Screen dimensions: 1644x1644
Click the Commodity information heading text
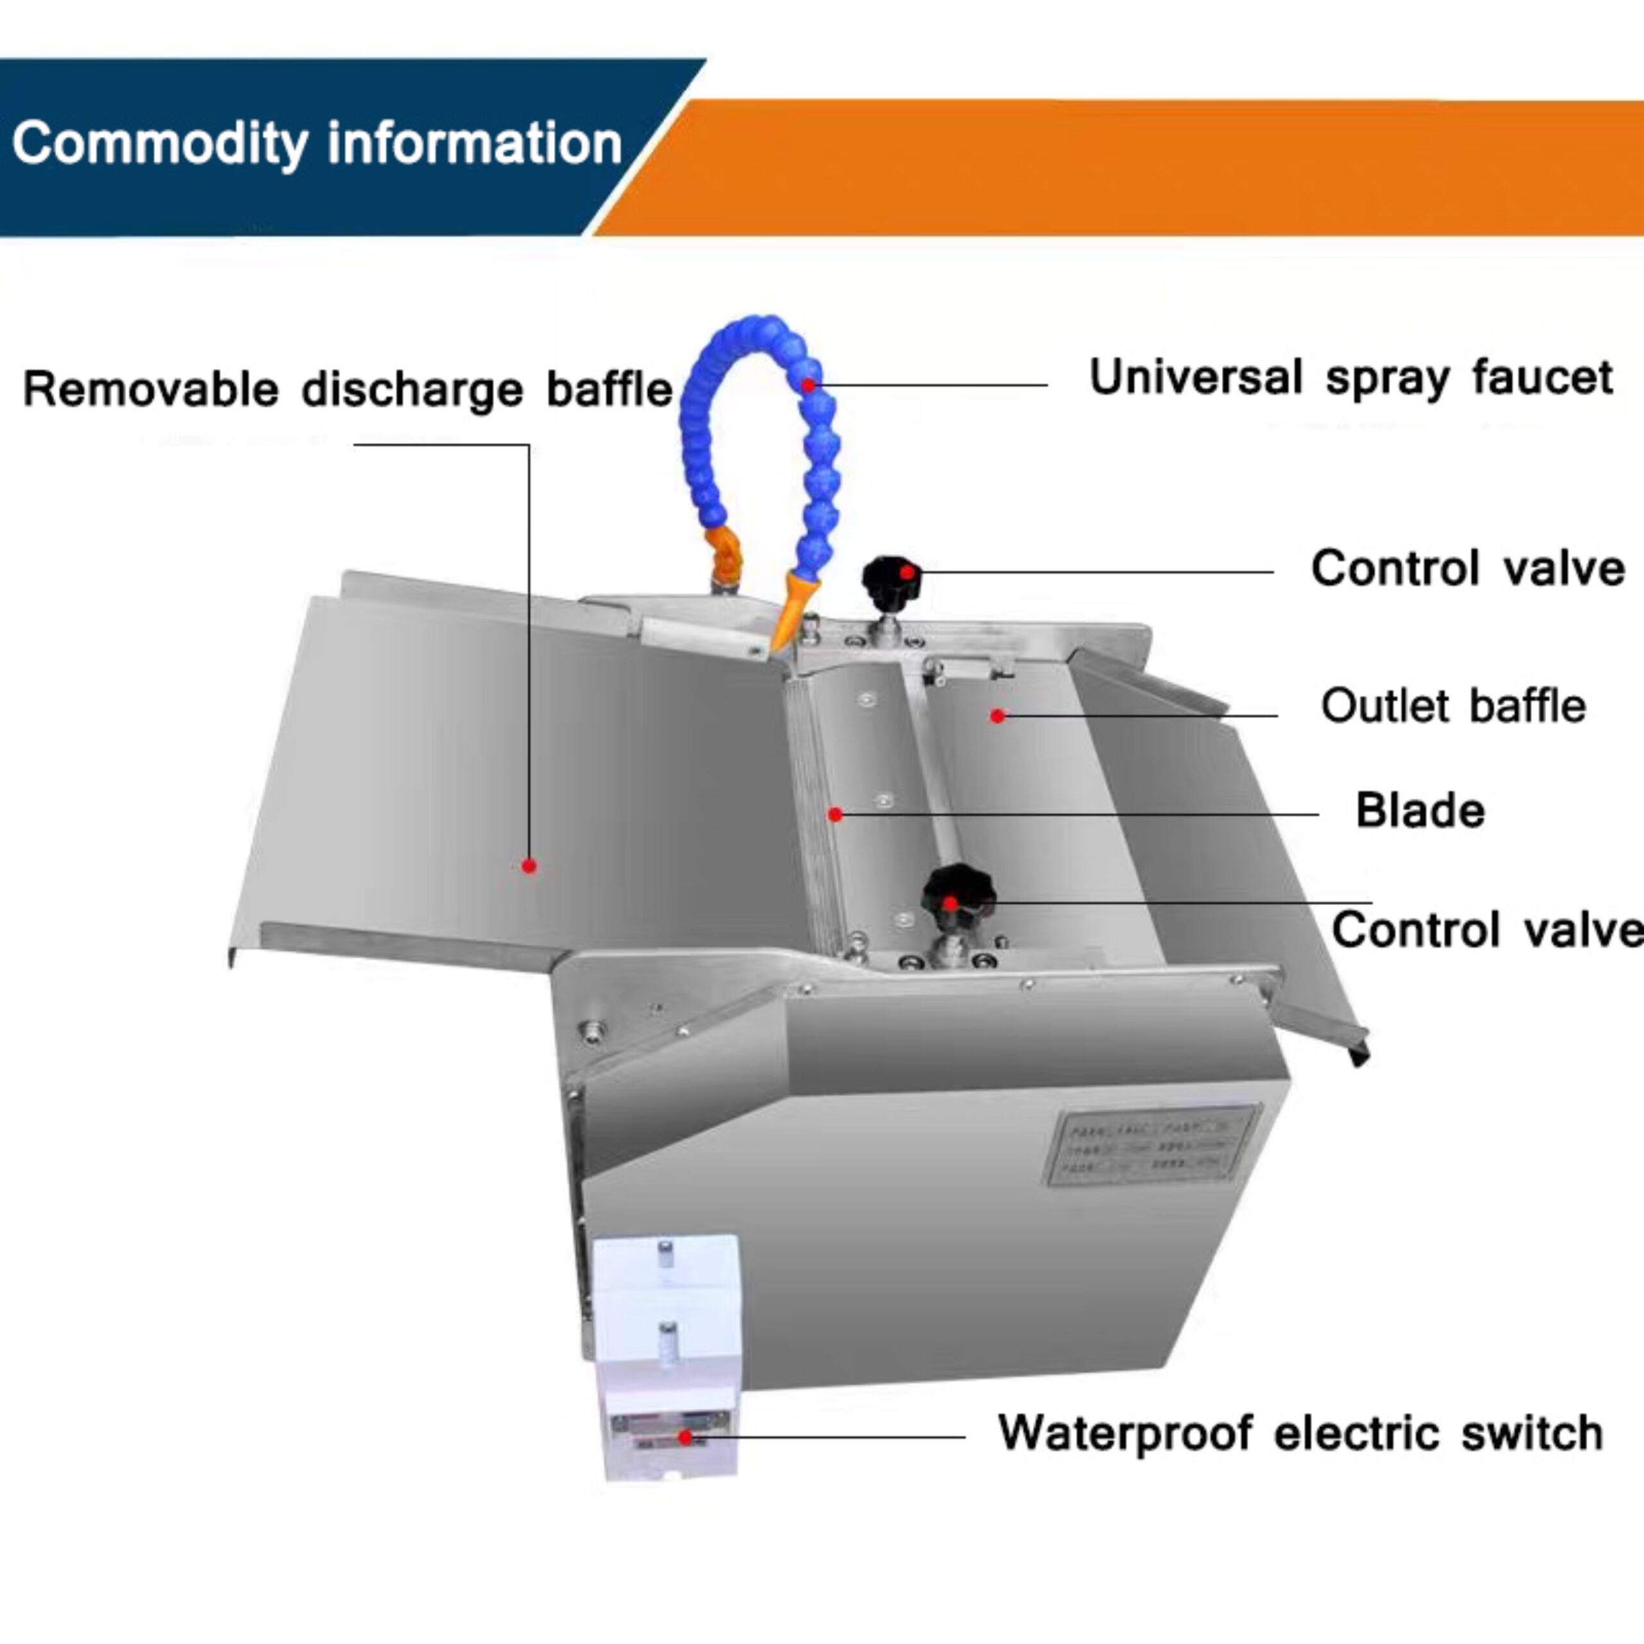click(x=317, y=144)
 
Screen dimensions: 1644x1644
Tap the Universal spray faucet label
click(x=1351, y=379)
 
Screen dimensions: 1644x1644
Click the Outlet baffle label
click(x=1453, y=706)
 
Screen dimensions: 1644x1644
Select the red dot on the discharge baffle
click(x=529, y=866)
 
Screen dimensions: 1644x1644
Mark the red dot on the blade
click(x=835, y=815)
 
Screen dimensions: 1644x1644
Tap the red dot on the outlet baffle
click(x=997, y=717)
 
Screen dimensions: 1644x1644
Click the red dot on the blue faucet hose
click(x=809, y=385)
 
